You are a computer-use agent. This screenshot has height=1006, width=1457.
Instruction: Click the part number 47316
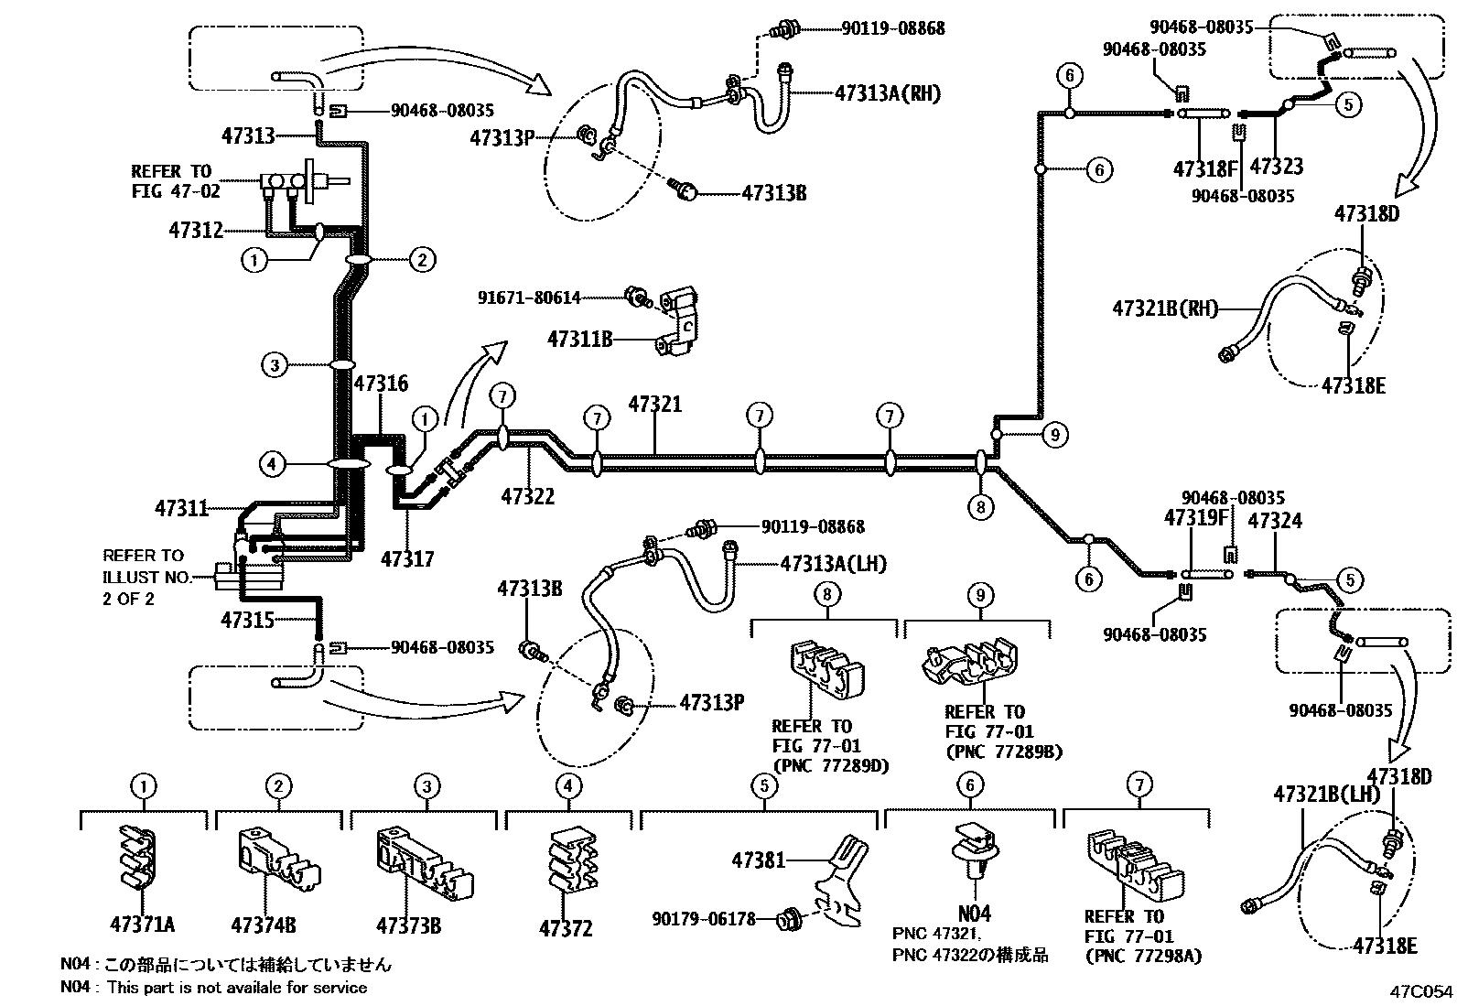[x=381, y=384]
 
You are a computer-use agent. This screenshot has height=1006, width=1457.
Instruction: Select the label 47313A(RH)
[x=887, y=92]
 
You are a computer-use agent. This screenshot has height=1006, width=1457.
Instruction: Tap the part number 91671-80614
[x=528, y=297]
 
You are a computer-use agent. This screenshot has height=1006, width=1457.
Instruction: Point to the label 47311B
[x=579, y=339]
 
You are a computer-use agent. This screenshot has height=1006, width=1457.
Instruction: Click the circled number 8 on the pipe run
[x=980, y=506]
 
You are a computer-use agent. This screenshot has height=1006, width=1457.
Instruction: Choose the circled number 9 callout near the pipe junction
[x=1054, y=435]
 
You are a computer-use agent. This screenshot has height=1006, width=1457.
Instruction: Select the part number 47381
[x=758, y=860]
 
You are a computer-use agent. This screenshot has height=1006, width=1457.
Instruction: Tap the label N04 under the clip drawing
[x=973, y=913]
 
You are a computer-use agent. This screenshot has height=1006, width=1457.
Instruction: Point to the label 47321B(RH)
[x=1165, y=308]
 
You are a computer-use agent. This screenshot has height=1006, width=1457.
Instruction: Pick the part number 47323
[x=1276, y=167]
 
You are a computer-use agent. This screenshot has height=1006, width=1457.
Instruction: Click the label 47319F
[x=1194, y=518]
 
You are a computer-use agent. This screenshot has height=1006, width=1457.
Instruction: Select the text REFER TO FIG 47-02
[x=171, y=181]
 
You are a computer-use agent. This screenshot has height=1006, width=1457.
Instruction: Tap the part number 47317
[x=407, y=558]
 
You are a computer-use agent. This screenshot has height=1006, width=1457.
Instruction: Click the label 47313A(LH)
[x=833, y=564]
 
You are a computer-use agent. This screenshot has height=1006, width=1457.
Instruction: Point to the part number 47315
[x=247, y=620]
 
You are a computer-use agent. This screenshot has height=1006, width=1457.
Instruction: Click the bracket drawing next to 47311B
[x=678, y=320]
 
